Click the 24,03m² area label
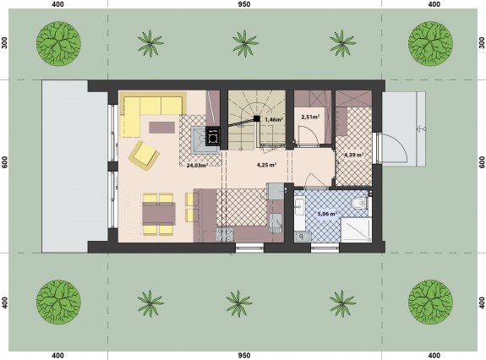[x=197, y=165]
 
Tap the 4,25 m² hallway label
[x=266, y=165]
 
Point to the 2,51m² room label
[x=310, y=117]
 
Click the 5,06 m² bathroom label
[x=327, y=214]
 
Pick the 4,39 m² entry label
[x=354, y=155]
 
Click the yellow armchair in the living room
[x=145, y=155]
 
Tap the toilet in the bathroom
[x=359, y=203]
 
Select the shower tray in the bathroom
[x=356, y=230]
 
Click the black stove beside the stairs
[x=213, y=136]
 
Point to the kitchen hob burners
[x=225, y=235]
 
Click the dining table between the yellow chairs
[x=159, y=214]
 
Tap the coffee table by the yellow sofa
[x=161, y=128]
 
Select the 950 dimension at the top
[x=244, y=4]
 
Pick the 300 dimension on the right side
[x=482, y=43]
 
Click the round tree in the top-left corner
[x=58, y=43]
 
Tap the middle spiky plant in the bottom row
[x=239, y=303]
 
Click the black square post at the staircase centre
[x=257, y=118]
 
